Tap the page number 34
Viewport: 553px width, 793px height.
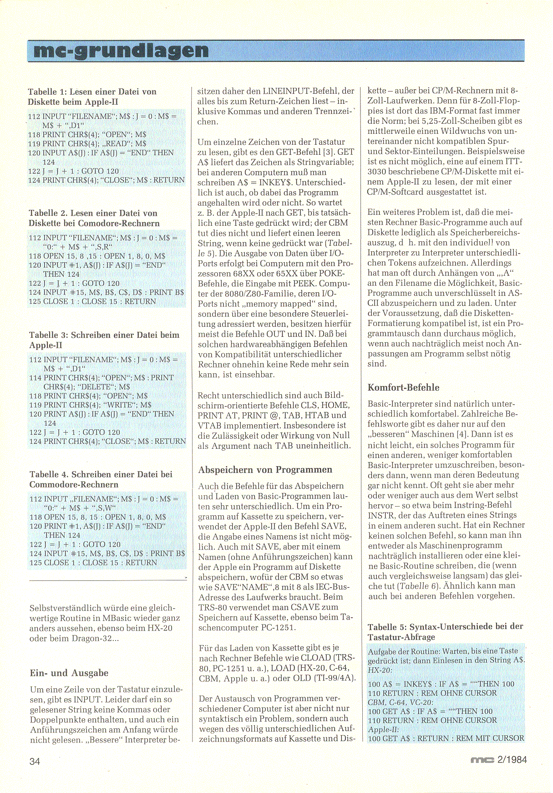(x=35, y=761)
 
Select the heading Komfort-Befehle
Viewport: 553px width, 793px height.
(x=403, y=388)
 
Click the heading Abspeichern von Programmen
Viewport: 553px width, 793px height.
(x=265, y=470)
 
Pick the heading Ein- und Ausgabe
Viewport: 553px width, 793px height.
(x=69, y=673)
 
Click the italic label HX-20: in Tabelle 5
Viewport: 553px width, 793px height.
(x=380, y=670)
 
